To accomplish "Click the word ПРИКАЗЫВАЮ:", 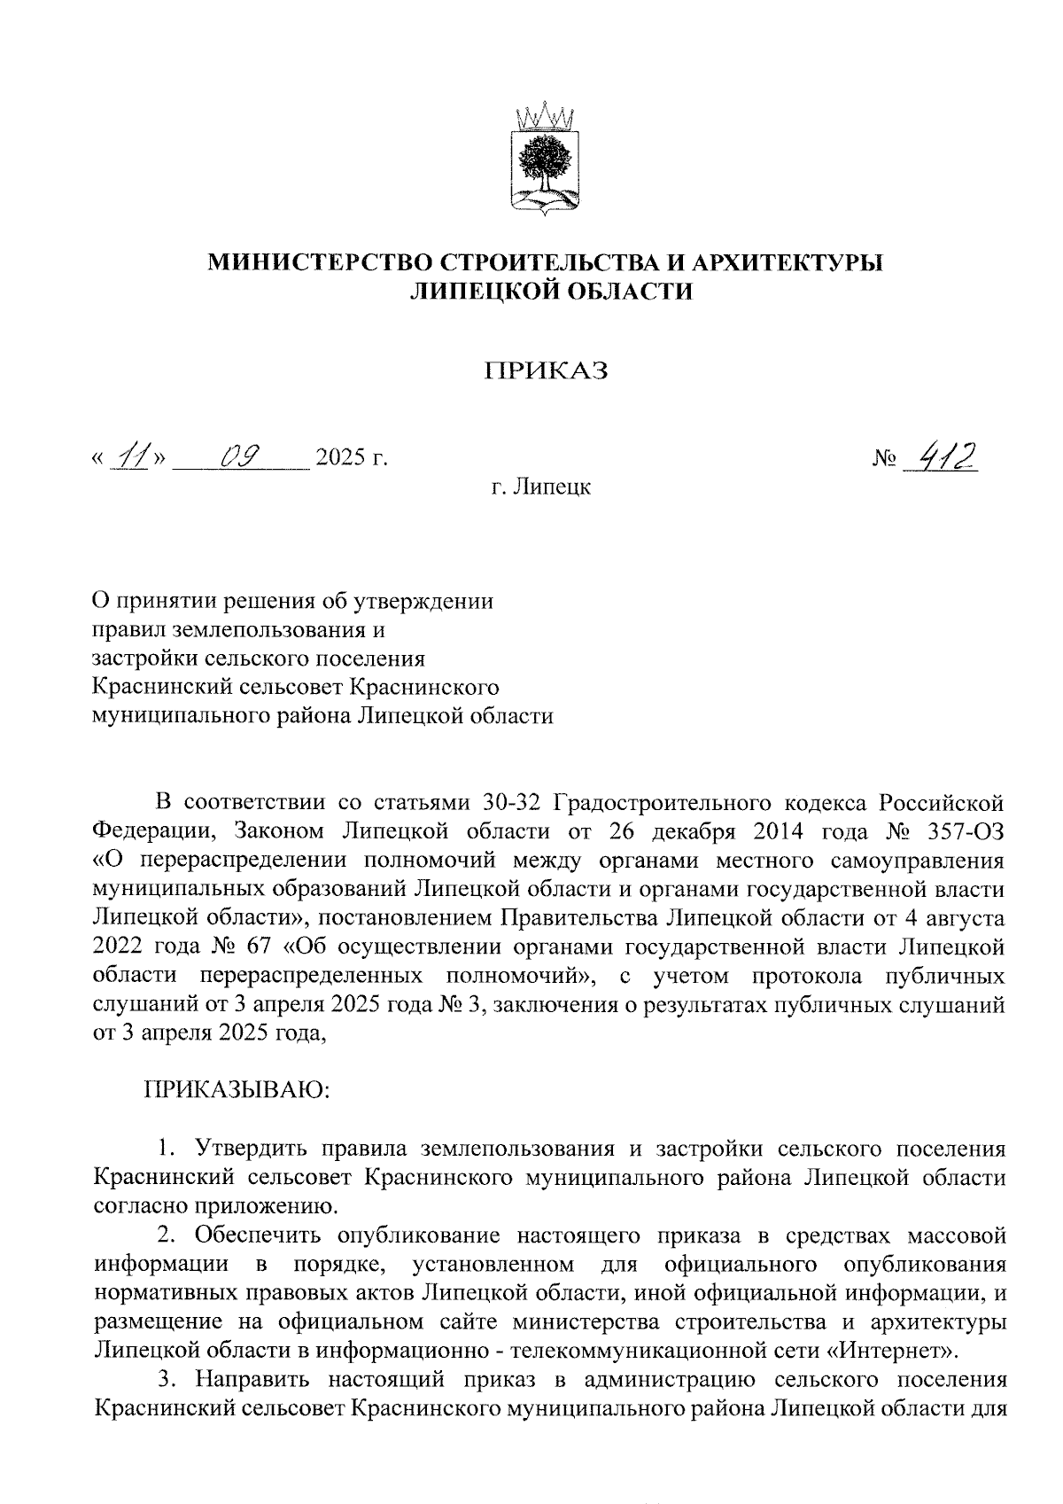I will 237,1088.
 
